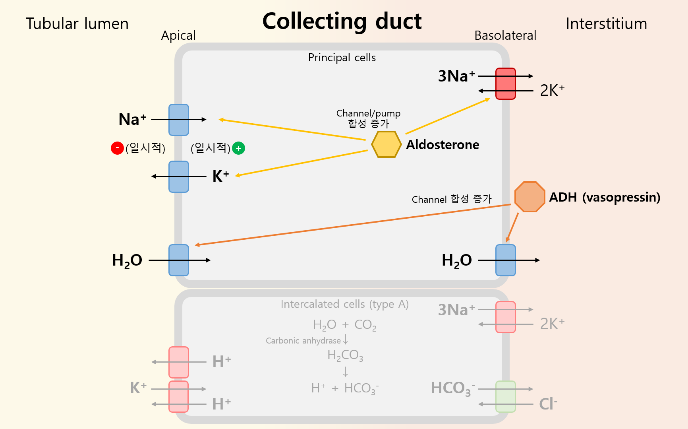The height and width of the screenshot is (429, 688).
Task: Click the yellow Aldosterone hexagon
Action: click(x=386, y=144)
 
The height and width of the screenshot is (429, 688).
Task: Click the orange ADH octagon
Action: click(x=530, y=197)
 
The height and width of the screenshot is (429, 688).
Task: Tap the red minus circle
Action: click(x=117, y=148)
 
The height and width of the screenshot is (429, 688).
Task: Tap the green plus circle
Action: click(x=238, y=148)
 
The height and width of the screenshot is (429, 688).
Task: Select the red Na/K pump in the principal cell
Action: click(x=505, y=83)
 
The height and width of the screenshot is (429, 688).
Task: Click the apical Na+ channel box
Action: click(x=179, y=120)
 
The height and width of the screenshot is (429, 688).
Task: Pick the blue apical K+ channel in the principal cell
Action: click(x=179, y=177)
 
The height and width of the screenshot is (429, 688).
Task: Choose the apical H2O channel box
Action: click(x=179, y=260)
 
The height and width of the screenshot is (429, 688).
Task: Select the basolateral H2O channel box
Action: click(x=505, y=260)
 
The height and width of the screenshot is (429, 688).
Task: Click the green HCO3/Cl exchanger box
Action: click(x=505, y=396)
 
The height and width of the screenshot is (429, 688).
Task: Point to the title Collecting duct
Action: click(x=342, y=21)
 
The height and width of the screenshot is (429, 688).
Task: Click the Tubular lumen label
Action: click(x=77, y=24)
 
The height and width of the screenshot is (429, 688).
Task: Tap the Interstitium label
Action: click(x=606, y=24)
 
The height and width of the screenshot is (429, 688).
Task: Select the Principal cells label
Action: click(x=342, y=58)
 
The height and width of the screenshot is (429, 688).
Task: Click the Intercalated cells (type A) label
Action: click(x=344, y=304)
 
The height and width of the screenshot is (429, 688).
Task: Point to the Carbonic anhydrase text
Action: click(x=303, y=341)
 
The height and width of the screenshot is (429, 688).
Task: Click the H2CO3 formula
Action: click(x=345, y=355)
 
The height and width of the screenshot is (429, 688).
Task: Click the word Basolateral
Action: click(x=505, y=35)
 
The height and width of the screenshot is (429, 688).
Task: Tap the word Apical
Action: click(x=178, y=35)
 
